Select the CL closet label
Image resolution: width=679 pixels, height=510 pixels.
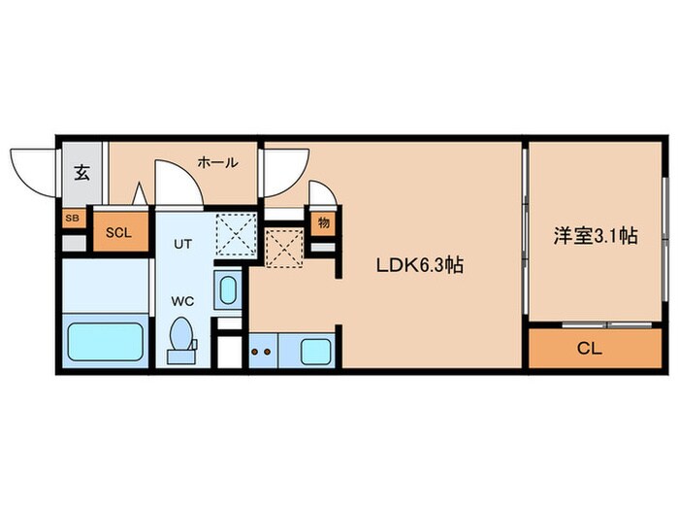[589, 349]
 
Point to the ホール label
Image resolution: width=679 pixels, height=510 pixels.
[217, 163]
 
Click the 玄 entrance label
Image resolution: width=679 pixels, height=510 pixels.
[82, 175]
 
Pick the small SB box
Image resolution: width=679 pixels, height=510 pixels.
[72, 220]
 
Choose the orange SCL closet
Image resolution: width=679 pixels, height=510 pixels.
[118, 231]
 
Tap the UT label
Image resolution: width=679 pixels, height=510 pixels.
[183, 245]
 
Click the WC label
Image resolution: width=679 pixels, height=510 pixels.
[184, 301]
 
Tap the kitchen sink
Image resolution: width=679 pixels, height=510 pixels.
[316, 352]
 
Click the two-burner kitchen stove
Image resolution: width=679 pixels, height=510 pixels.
[262, 352]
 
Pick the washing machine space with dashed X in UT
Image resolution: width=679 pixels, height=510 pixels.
[234, 234]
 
